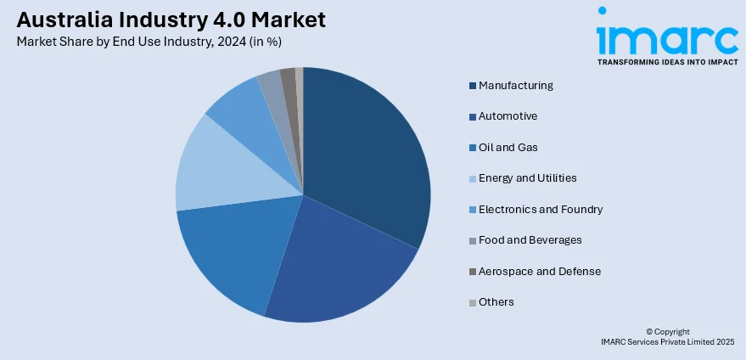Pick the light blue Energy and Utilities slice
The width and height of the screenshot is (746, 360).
212,166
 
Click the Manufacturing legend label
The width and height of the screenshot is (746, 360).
515,85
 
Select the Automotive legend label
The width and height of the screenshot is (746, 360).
508,115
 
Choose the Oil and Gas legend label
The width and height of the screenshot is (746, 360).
508,147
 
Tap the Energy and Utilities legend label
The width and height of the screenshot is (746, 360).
527,177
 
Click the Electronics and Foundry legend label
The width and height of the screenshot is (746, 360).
541,209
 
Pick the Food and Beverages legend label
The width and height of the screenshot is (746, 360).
530,239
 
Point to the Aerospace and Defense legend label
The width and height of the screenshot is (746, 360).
539,271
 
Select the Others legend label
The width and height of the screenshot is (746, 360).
496,301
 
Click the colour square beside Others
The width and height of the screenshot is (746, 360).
473,302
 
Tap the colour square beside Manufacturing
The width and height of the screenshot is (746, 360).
473,86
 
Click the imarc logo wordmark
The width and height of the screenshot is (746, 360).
667,36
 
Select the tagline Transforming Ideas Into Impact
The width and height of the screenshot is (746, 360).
667,62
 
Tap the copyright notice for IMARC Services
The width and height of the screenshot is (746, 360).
667,336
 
